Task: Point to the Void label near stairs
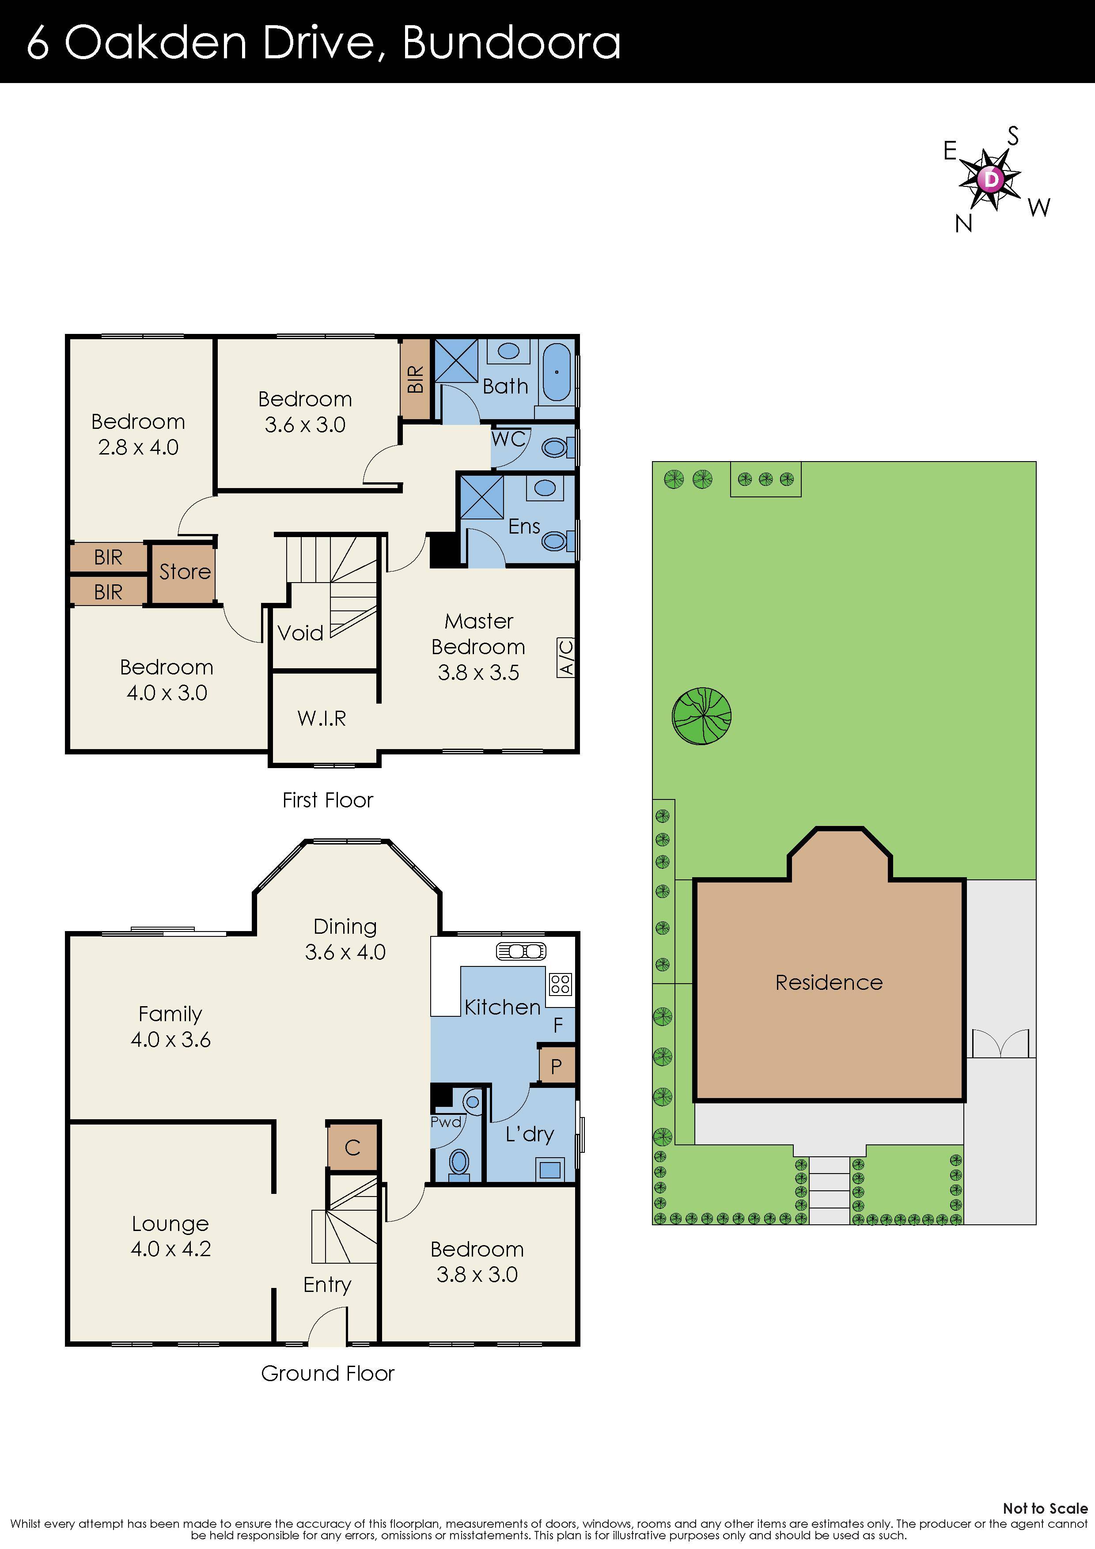(300, 633)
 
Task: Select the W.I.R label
(322, 719)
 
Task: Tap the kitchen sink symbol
(521, 951)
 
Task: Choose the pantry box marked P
(557, 1067)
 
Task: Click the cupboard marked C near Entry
(352, 1148)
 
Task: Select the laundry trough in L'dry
(550, 1169)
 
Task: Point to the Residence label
(829, 982)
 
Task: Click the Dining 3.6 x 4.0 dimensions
(345, 952)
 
